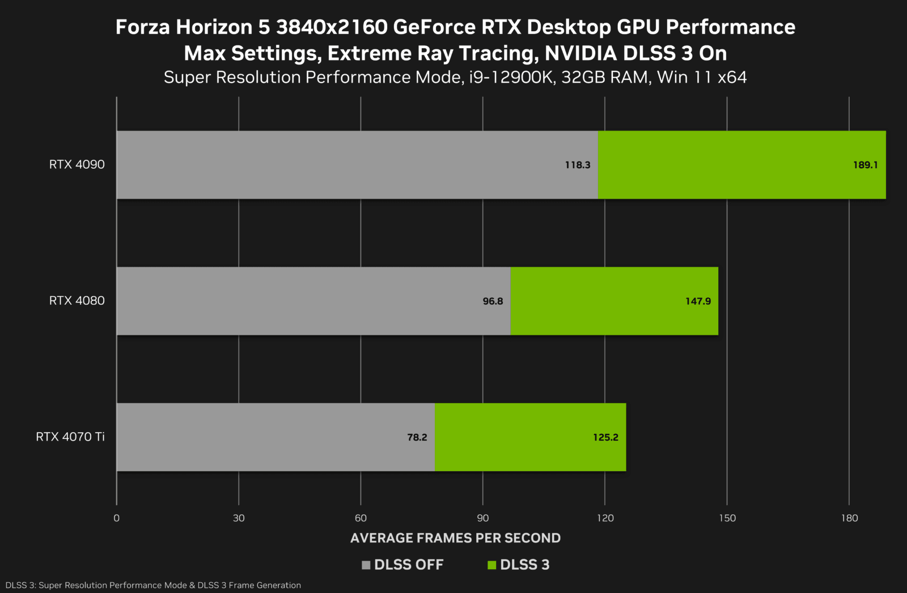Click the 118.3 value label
(x=577, y=165)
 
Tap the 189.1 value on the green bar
(x=865, y=165)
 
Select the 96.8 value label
(x=493, y=301)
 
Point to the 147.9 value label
(x=698, y=301)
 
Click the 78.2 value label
(x=417, y=437)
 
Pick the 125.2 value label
(x=605, y=437)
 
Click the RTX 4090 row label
(x=77, y=165)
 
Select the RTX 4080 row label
(x=77, y=301)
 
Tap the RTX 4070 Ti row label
(x=70, y=437)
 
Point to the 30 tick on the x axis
(x=239, y=518)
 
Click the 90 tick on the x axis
(x=483, y=518)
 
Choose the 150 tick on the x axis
(x=727, y=518)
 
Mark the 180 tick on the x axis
(x=849, y=518)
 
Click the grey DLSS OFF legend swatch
(x=366, y=565)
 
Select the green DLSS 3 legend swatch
(x=492, y=565)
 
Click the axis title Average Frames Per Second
(x=455, y=538)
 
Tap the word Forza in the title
(x=142, y=27)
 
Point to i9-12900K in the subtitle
(x=511, y=78)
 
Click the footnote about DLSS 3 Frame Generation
(x=153, y=585)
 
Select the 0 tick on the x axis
(x=117, y=518)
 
